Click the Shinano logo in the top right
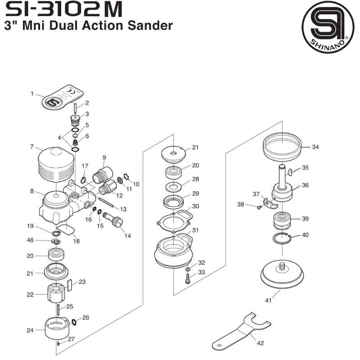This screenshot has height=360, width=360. (x=328, y=27)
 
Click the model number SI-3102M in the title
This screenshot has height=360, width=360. (x=64, y=9)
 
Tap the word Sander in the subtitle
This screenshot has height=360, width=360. (x=150, y=25)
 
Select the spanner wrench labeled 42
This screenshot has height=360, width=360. (x=241, y=330)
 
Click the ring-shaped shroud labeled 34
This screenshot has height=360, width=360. (x=282, y=147)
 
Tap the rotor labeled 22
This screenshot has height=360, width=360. (x=57, y=293)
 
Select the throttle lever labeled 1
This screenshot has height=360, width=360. (x=63, y=97)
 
